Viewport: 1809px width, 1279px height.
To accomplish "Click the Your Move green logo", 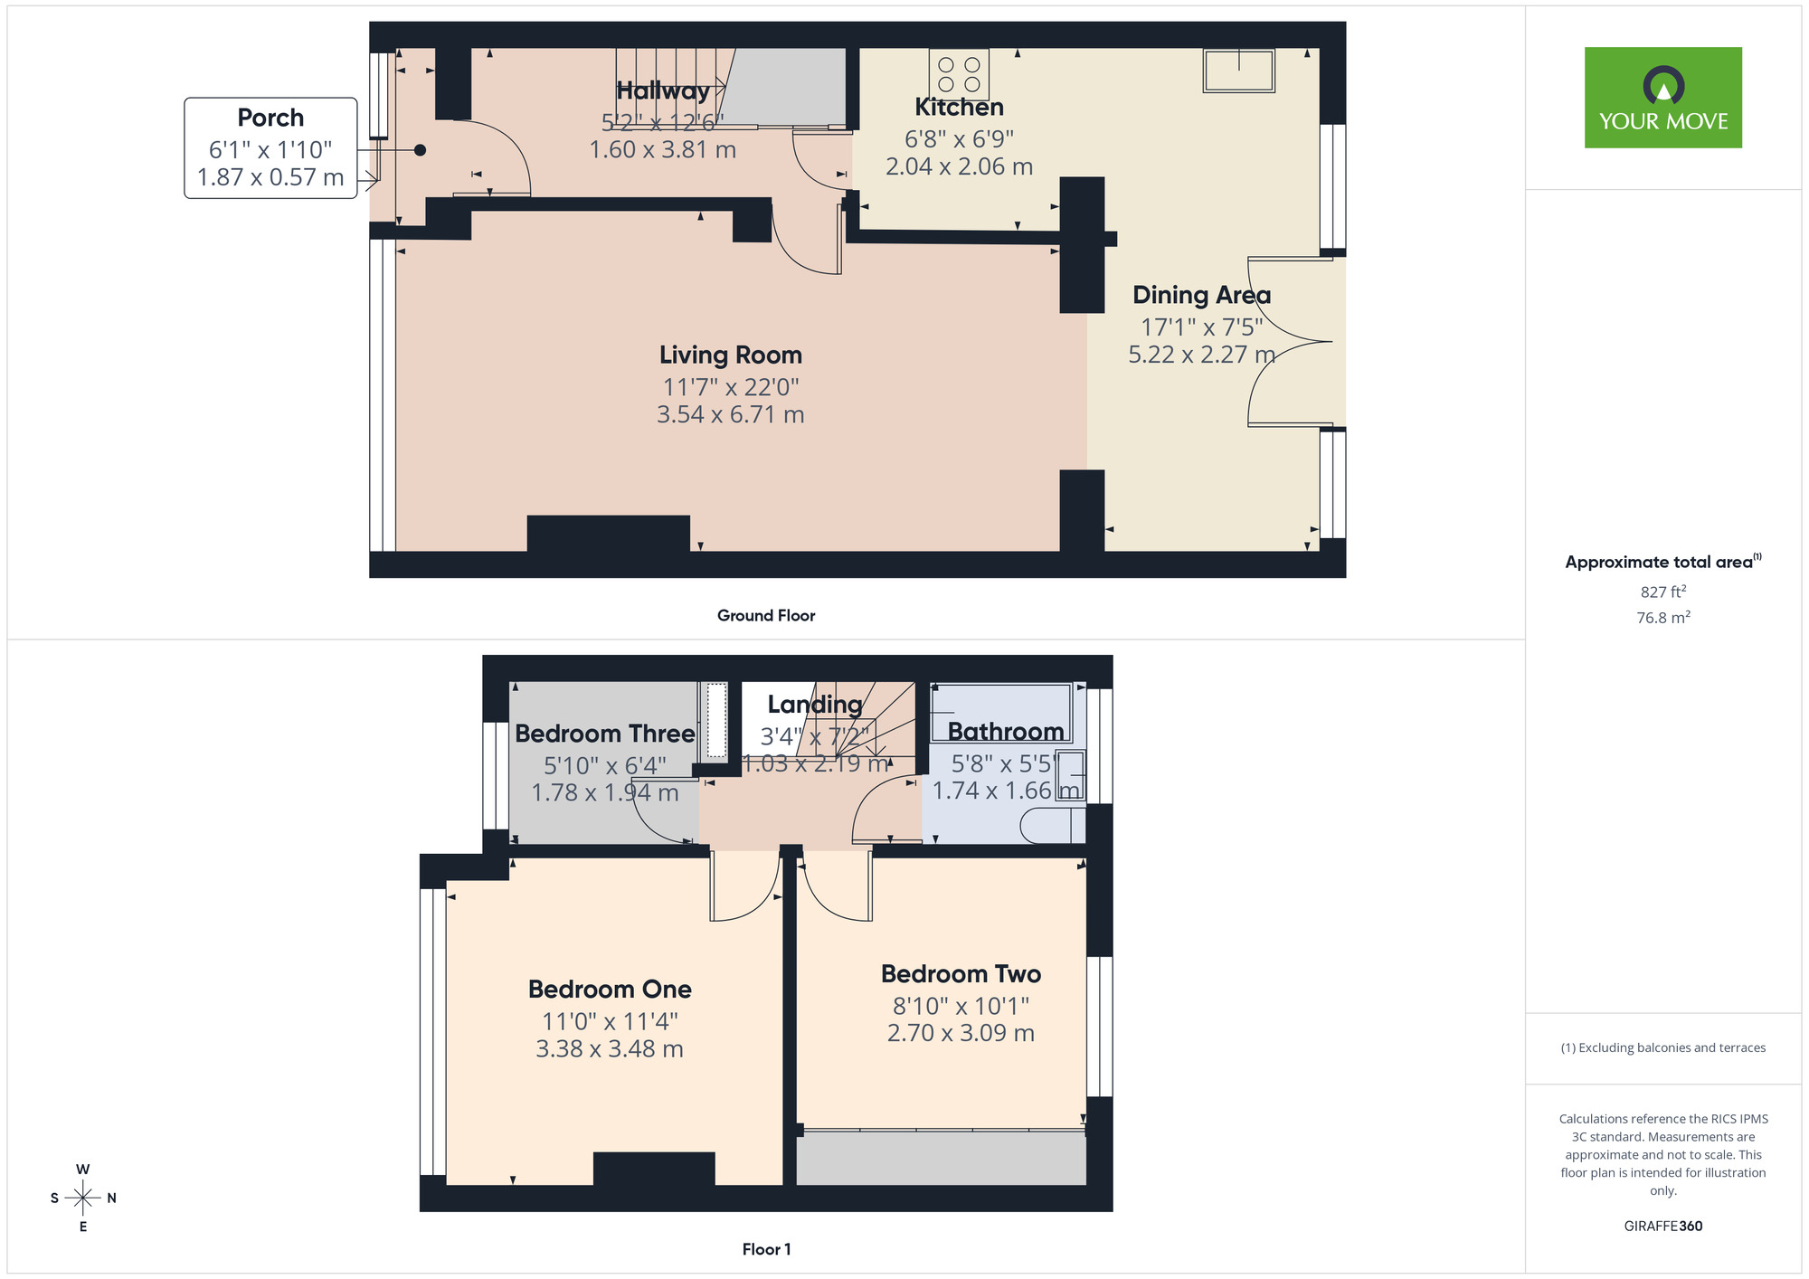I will tap(1662, 98).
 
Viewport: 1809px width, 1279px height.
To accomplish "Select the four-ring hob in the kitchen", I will tap(959, 73).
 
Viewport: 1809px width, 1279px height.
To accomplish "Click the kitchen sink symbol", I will tap(1238, 71).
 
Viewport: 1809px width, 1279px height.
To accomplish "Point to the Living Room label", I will tap(730, 355).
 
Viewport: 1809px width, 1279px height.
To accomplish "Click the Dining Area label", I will tap(1201, 296).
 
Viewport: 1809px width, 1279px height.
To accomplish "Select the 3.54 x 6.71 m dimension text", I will tap(730, 415).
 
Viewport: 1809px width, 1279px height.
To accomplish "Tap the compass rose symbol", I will tap(83, 1198).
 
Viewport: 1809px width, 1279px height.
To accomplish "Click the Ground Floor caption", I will tap(766, 616).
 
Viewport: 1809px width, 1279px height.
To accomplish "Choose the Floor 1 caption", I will tap(766, 1249).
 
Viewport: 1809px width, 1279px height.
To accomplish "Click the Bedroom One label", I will tap(610, 990).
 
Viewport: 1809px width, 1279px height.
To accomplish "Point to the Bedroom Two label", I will tap(961, 974).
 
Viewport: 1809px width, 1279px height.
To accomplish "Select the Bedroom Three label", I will tap(604, 734).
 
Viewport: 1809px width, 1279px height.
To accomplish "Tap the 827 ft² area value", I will tap(1662, 592).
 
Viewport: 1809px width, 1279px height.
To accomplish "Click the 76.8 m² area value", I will tap(1662, 618).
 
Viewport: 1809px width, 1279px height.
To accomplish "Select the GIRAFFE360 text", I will tap(1662, 1227).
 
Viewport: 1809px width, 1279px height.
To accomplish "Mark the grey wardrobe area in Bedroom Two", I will tap(941, 1159).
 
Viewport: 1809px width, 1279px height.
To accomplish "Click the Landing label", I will tap(815, 705).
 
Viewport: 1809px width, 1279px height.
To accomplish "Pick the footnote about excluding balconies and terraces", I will tap(1662, 1048).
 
